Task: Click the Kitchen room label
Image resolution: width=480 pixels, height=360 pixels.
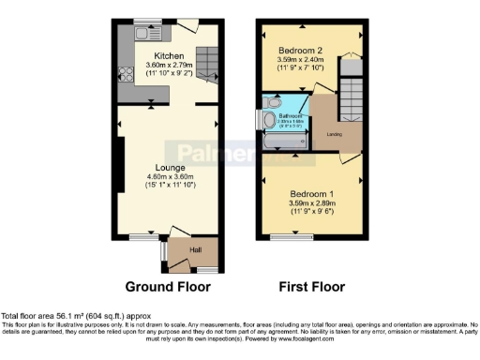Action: click(170, 56)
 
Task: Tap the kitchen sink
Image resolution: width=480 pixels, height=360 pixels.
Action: click(148, 34)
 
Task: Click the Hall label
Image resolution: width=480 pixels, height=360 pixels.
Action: click(197, 250)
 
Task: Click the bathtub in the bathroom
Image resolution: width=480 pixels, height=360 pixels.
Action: click(284, 142)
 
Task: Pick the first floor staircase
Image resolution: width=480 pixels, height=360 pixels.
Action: click(350, 94)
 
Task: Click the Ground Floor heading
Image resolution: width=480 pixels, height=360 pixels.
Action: click(168, 287)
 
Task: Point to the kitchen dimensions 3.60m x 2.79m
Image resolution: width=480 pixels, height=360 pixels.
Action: click(170, 66)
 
